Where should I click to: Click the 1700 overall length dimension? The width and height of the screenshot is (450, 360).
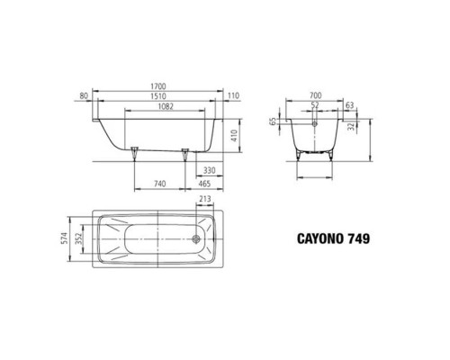160,87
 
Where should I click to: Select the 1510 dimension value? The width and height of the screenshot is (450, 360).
160,97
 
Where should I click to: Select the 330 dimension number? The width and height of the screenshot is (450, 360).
209,169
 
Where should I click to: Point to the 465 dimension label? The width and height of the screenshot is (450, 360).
204,184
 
